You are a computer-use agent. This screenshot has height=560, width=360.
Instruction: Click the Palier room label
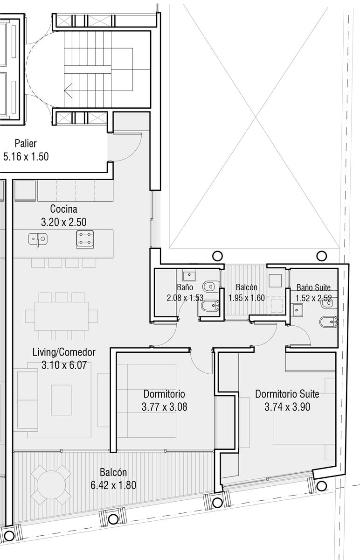26,144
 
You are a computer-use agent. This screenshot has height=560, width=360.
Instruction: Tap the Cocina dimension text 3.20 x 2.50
64,222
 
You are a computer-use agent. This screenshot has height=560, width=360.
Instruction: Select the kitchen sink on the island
38,239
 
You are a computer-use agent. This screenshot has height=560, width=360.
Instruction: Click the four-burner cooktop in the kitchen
85,239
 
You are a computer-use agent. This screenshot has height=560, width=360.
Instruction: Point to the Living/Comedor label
64,352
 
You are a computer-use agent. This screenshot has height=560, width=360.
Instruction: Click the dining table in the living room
62,316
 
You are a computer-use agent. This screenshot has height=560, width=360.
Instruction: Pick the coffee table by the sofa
61,400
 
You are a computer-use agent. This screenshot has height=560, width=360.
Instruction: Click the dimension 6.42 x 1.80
113,485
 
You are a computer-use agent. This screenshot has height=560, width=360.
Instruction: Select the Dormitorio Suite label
287,394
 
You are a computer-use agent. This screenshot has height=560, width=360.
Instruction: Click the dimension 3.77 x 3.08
165,407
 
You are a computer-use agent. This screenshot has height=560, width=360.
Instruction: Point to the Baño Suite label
313,287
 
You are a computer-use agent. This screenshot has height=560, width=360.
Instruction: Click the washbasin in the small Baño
189,276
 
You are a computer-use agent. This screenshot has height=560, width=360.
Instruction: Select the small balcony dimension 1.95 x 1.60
247,298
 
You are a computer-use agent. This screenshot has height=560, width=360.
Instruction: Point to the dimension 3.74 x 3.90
287,407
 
